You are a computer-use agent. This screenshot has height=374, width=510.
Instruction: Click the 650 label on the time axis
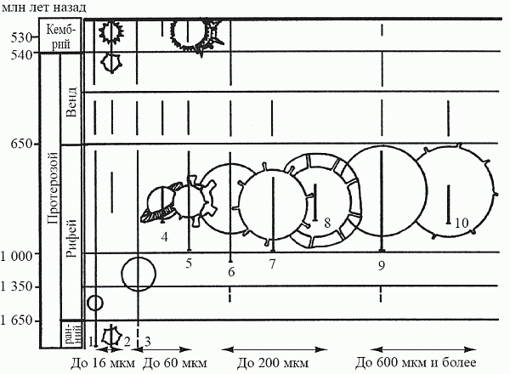tap(21, 144)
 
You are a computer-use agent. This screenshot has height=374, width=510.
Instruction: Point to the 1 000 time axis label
tap(17, 256)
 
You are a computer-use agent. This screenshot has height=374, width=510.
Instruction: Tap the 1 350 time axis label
tap(17, 286)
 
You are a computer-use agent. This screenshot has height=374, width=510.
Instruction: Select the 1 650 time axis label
tap(17, 320)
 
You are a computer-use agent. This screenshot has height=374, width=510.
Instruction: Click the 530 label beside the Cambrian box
tap(21, 38)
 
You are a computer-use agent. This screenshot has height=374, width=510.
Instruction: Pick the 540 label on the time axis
tap(21, 54)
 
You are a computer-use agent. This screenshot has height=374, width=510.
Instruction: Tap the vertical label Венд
tap(71, 102)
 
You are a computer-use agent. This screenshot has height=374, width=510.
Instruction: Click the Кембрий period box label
tap(60, 37)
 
